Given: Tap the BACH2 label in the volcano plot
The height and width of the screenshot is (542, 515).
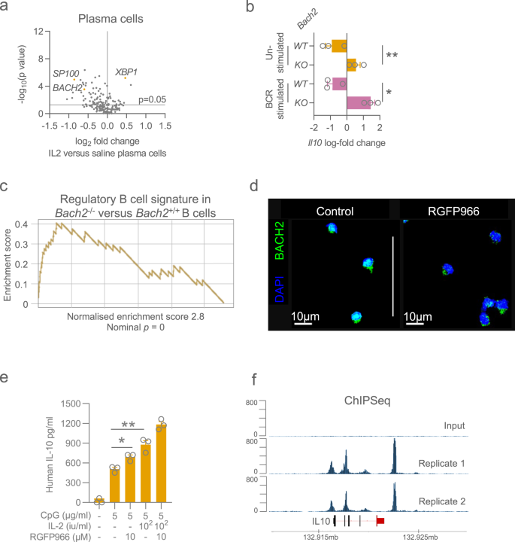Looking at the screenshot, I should pos(67,88).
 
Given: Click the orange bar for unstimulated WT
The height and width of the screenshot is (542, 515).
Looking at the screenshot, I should pos(339,46).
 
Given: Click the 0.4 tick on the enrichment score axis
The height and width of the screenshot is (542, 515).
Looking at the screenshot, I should pos(24,224).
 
